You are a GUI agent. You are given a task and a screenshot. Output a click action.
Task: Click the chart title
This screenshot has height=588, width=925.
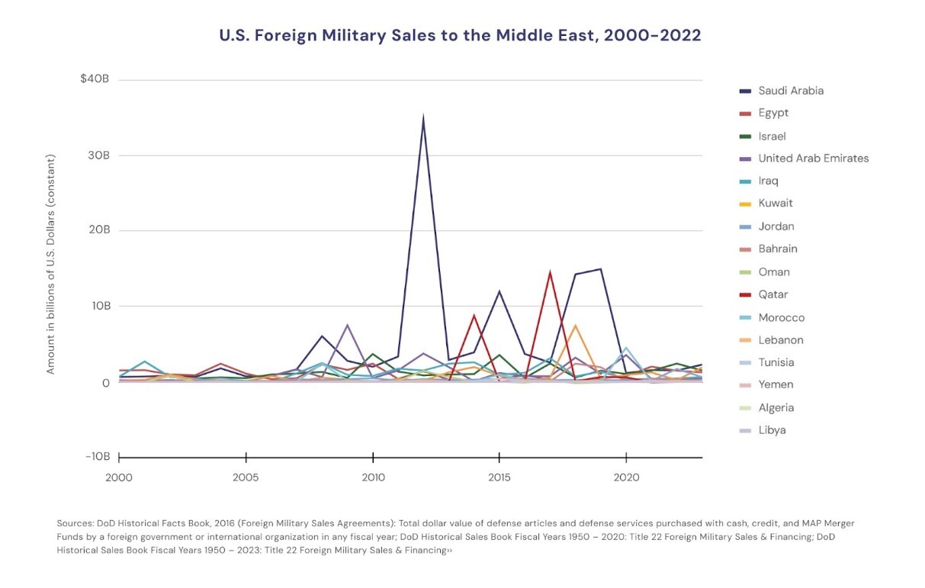[460, 35]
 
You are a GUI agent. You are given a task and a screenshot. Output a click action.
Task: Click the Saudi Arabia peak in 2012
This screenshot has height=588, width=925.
[423, 117]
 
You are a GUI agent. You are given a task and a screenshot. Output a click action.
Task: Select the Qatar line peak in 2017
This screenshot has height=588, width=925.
[550, 272]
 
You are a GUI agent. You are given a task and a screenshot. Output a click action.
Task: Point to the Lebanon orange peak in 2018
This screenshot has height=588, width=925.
[575, 326]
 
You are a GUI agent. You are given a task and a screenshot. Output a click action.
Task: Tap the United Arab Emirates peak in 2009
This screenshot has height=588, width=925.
[348, 326]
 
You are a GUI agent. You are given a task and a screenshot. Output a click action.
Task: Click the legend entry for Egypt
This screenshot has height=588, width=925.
[772, 113]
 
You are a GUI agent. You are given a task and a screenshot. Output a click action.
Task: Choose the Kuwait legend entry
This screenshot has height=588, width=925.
[775, 204]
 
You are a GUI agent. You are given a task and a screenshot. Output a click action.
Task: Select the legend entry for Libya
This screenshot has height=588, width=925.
[771, 430]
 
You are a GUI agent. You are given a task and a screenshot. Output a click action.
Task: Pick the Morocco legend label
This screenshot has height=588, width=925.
[781, 317]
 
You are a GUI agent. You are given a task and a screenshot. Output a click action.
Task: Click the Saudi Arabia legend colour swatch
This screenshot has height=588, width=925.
[745, 91]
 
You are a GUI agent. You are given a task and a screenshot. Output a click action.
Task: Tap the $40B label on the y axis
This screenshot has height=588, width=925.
[95, 79]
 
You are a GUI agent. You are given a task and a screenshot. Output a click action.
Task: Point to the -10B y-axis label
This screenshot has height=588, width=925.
[97, 457]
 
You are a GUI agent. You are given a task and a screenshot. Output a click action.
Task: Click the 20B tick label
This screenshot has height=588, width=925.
[98, 230]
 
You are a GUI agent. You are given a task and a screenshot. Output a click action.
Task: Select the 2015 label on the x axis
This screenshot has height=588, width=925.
[499, 477]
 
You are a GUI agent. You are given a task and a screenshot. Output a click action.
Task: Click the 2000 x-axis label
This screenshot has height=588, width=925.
[120, 477]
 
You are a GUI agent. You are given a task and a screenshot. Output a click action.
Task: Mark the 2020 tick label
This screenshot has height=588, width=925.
[625, 477]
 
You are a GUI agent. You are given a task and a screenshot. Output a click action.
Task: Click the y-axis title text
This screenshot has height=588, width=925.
[51, 264]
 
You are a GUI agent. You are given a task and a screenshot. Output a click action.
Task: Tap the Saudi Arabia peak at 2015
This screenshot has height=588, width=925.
[499, 291]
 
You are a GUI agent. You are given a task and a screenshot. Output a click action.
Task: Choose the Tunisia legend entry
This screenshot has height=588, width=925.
[776, 362]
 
